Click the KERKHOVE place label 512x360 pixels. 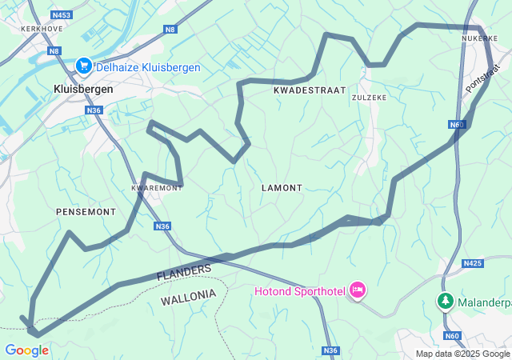point(42,28)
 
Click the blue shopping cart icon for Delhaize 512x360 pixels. point(83,66)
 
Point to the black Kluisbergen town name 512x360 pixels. point(82,90)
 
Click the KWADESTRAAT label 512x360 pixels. point(309,90)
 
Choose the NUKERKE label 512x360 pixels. point(479,38)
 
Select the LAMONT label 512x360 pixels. point(282,188)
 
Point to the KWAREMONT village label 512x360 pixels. point(156,188)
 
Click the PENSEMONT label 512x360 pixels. point(86,211)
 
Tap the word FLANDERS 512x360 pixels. point(183,273)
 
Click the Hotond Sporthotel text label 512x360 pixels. point(300,290)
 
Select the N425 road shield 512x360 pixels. point(473,262)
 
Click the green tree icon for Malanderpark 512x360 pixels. point(445,302)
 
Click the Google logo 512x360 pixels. point(26,350)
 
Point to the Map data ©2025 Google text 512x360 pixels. point(462,354)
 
